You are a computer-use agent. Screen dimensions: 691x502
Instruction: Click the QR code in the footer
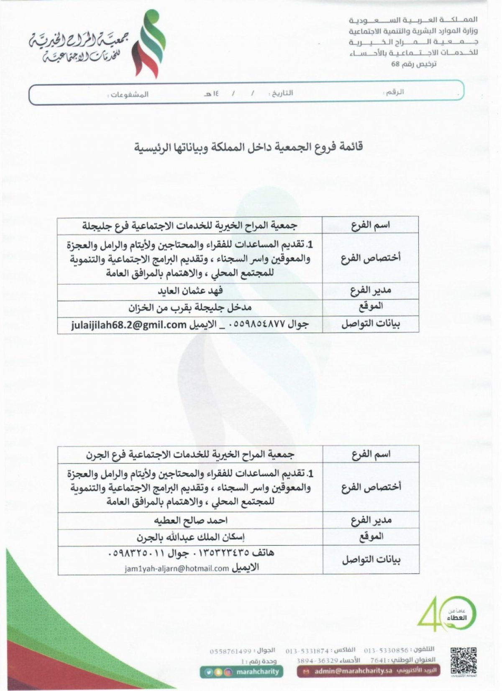coord(463,660)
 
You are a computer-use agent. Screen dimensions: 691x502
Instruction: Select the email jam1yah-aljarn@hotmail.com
coord(177,568)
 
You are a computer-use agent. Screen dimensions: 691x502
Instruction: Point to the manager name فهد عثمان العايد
coord(190,290)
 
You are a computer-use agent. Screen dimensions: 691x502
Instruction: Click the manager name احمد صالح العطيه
coord(190,520)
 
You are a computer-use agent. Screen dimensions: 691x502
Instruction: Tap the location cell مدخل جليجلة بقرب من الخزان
coord(190,308)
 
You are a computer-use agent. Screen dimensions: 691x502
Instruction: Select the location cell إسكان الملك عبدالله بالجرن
coord(190,537)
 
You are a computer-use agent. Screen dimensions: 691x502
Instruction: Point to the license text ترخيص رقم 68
coord(413,64)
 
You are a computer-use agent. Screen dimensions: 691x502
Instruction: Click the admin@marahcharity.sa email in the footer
coord(353,671)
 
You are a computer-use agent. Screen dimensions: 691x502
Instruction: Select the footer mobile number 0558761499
coord(230,651)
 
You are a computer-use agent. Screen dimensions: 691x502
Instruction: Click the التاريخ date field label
coord(281,93)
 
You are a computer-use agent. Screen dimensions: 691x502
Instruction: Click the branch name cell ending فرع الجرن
coord(190,454)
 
